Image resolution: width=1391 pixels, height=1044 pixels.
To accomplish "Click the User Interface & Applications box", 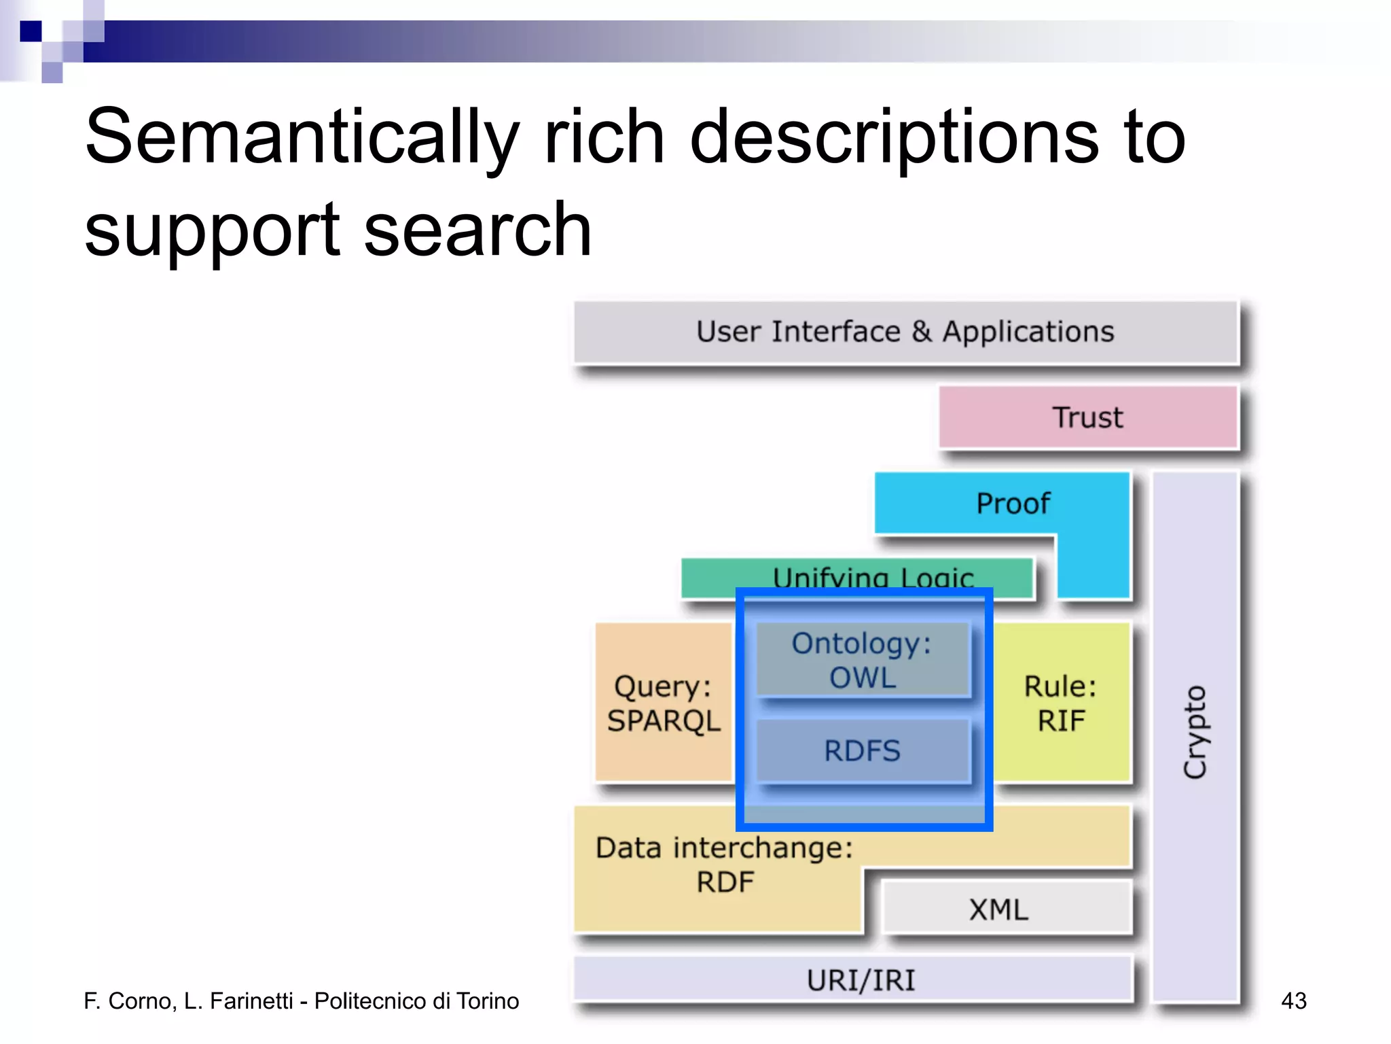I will click(x=905, y=332).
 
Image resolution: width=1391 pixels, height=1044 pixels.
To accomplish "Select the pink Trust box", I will click(x=1087, y=417).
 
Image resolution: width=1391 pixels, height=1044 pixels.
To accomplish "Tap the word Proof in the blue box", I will click(x=1013, y=504).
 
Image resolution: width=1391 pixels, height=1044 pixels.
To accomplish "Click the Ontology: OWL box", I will click(x=862, y=660).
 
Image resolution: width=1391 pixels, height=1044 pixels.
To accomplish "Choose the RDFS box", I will click(x=862, y=751).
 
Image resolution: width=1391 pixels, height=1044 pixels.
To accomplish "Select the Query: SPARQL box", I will click(x=664, y=703).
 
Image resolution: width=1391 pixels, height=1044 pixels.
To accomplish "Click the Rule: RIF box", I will click(x=1060, y=703).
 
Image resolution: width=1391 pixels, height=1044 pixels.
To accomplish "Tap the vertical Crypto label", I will click(x=1195, y=732).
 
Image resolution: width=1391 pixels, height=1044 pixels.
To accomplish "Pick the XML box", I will click(x=999, y=909).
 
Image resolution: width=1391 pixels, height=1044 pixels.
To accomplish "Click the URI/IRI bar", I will click(x=861, y=980).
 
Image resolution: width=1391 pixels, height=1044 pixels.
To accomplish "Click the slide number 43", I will click(x=1293, y=1000).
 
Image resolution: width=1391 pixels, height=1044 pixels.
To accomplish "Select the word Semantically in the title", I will click(x=302, y=138).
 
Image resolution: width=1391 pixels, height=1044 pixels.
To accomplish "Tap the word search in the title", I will click(x=477, y=230).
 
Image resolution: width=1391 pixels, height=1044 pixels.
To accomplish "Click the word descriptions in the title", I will click(x=894, y=138).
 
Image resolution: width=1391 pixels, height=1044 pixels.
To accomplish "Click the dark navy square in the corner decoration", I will click(x=31, y=31).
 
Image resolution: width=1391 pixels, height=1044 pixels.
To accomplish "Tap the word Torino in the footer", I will click(x=488, y=1001).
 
